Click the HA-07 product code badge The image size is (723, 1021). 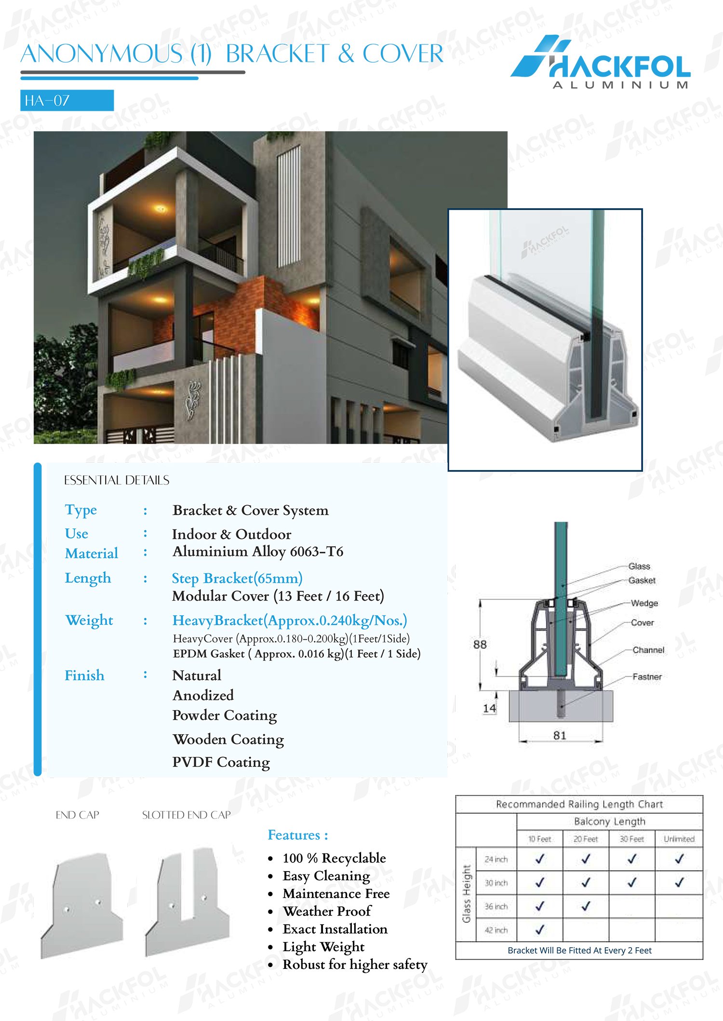(x=67, y=100)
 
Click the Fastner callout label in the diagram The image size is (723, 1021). (x=647, y=677)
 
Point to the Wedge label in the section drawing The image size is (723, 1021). (x=644, y=603)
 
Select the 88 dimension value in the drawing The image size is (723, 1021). (x=480, y=645)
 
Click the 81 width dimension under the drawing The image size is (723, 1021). (x=560, y=736)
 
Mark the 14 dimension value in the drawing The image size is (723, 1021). (x=489, y=708)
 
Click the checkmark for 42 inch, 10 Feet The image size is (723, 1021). (x=540, y=929)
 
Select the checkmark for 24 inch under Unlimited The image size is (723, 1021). (x=679, y=859)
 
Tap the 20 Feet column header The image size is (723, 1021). (x=586, y=839)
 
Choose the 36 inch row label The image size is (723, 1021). (x=496, y=906)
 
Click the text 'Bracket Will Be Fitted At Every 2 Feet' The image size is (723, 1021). (x=579, y=951)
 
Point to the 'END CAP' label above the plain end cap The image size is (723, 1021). (x=77, y=815)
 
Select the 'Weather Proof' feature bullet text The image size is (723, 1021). (x=327, y=911)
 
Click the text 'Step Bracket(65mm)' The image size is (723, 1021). (x=237, y=578)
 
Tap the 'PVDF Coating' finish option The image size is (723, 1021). (x=221, y=762)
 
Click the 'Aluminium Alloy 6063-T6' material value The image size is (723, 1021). (x=258, y=551)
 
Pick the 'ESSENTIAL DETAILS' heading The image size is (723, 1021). (x=117, y=480)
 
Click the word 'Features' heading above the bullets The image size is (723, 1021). (x=294, y=835)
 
